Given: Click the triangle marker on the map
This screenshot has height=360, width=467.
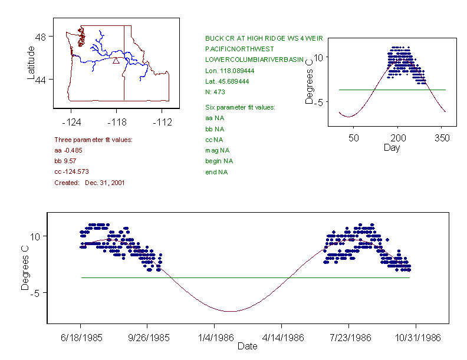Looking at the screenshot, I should click(x=116, y=60).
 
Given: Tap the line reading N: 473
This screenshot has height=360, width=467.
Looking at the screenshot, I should click(x=215, y=92).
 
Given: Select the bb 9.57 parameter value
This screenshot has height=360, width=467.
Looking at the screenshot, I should click(x=66, y=161).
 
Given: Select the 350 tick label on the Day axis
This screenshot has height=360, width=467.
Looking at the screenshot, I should click(x=442, y=137).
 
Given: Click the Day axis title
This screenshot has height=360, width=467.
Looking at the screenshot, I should click(x=392, y=147).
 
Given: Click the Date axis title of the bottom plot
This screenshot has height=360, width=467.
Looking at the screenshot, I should click(x=248, y=346).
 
